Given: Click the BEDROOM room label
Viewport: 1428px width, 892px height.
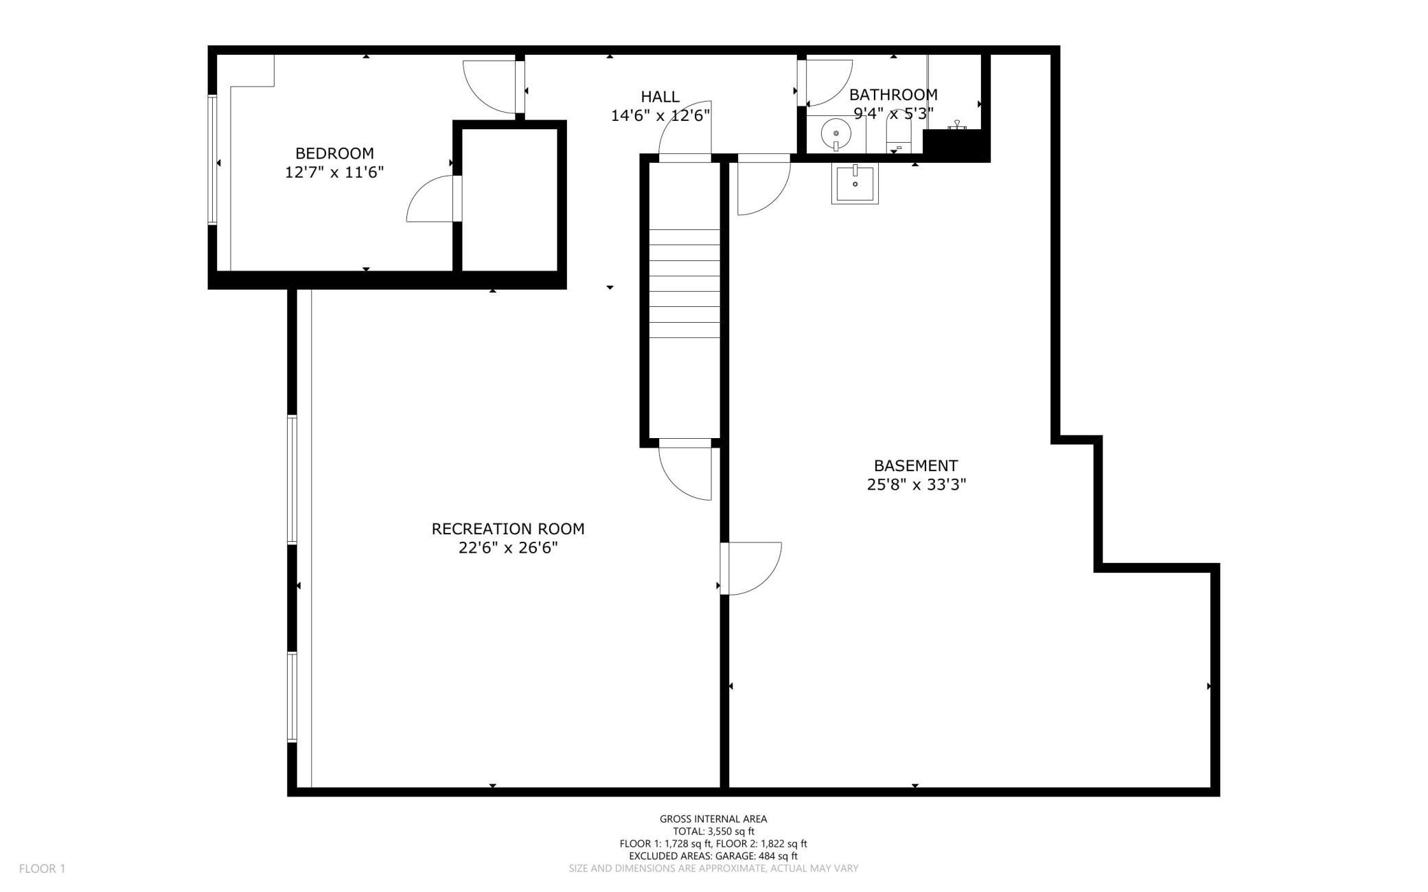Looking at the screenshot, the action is [x=334, y=153].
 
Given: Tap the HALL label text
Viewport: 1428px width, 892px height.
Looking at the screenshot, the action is [x=660, y=97].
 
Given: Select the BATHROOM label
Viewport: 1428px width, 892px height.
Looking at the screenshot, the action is [x=893, y=95].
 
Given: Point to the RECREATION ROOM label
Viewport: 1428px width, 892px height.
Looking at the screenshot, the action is [x=508, y=529].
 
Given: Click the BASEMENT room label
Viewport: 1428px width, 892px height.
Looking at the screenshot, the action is [x=916, y=466].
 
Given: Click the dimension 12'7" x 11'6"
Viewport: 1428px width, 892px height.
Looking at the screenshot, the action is [x=334, y=172].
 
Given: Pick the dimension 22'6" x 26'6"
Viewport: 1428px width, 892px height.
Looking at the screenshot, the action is [x=508, y=548].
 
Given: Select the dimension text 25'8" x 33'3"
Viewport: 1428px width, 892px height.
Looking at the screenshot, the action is [x=917, y=485].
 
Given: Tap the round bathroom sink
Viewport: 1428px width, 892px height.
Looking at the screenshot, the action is [x=836, y=133].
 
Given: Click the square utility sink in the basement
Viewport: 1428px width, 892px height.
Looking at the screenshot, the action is [x=855, y=183].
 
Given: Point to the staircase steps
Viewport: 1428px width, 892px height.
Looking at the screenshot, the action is [x=684, y=284].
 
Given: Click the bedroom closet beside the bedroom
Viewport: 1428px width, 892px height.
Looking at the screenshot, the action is [x=509, y=199].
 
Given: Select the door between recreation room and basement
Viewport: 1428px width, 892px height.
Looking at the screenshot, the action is [x=750, y=569].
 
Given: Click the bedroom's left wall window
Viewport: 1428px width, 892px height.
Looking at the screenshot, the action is [x=213, y=159].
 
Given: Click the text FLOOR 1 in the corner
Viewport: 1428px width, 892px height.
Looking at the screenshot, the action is [x=43, y=869].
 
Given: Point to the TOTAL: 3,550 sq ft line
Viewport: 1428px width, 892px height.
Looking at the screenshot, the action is [x=713, y=832].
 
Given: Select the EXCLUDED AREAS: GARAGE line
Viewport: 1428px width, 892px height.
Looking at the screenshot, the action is [x=713, y=856].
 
